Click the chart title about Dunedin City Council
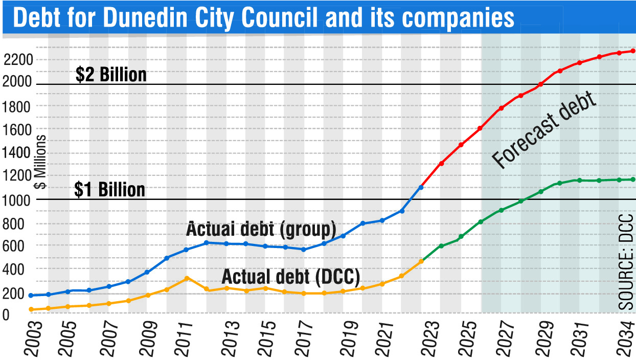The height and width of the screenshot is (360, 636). [263, 17]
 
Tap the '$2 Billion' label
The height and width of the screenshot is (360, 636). [111, 75]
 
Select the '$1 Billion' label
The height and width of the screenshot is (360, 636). [109, 190]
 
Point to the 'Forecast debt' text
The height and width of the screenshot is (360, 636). [544, 130]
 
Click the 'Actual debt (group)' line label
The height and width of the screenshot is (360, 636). [261, 229]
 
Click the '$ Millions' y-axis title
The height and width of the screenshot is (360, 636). [41, 162]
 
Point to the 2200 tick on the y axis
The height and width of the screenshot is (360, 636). [18, 60]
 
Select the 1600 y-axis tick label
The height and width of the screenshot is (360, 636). [17, 129]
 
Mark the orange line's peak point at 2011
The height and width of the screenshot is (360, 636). [187, 278]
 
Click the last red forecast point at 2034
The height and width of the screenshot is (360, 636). [633, 51]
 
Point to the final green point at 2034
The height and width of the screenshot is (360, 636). [633, 179]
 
